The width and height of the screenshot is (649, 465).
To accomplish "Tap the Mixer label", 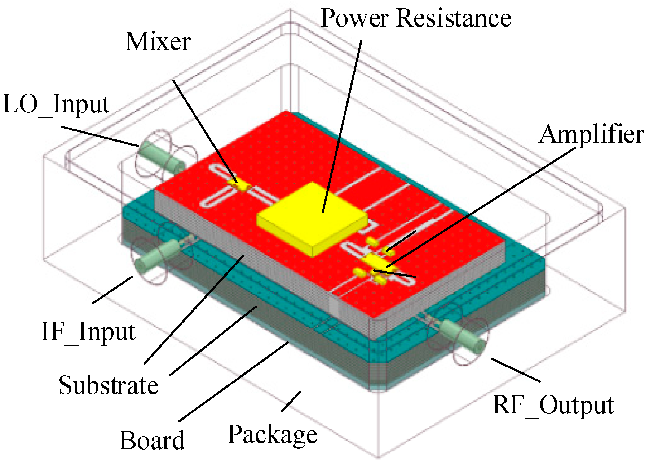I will [158, 42].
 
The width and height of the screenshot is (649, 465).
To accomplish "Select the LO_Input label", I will [56, 104].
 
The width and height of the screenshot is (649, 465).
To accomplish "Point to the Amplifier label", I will [592, 134].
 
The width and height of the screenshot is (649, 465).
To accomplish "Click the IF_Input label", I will [88, 331].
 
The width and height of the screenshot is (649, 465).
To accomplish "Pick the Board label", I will [152, 440].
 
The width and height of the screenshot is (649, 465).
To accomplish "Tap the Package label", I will [273, 435].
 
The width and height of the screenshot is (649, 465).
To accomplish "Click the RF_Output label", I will [553, 405].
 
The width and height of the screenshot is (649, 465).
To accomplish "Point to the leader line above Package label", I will [291, 401].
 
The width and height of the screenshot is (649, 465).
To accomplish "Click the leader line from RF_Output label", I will [516, 370].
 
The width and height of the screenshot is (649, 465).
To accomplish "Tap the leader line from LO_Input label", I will [99, 136].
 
